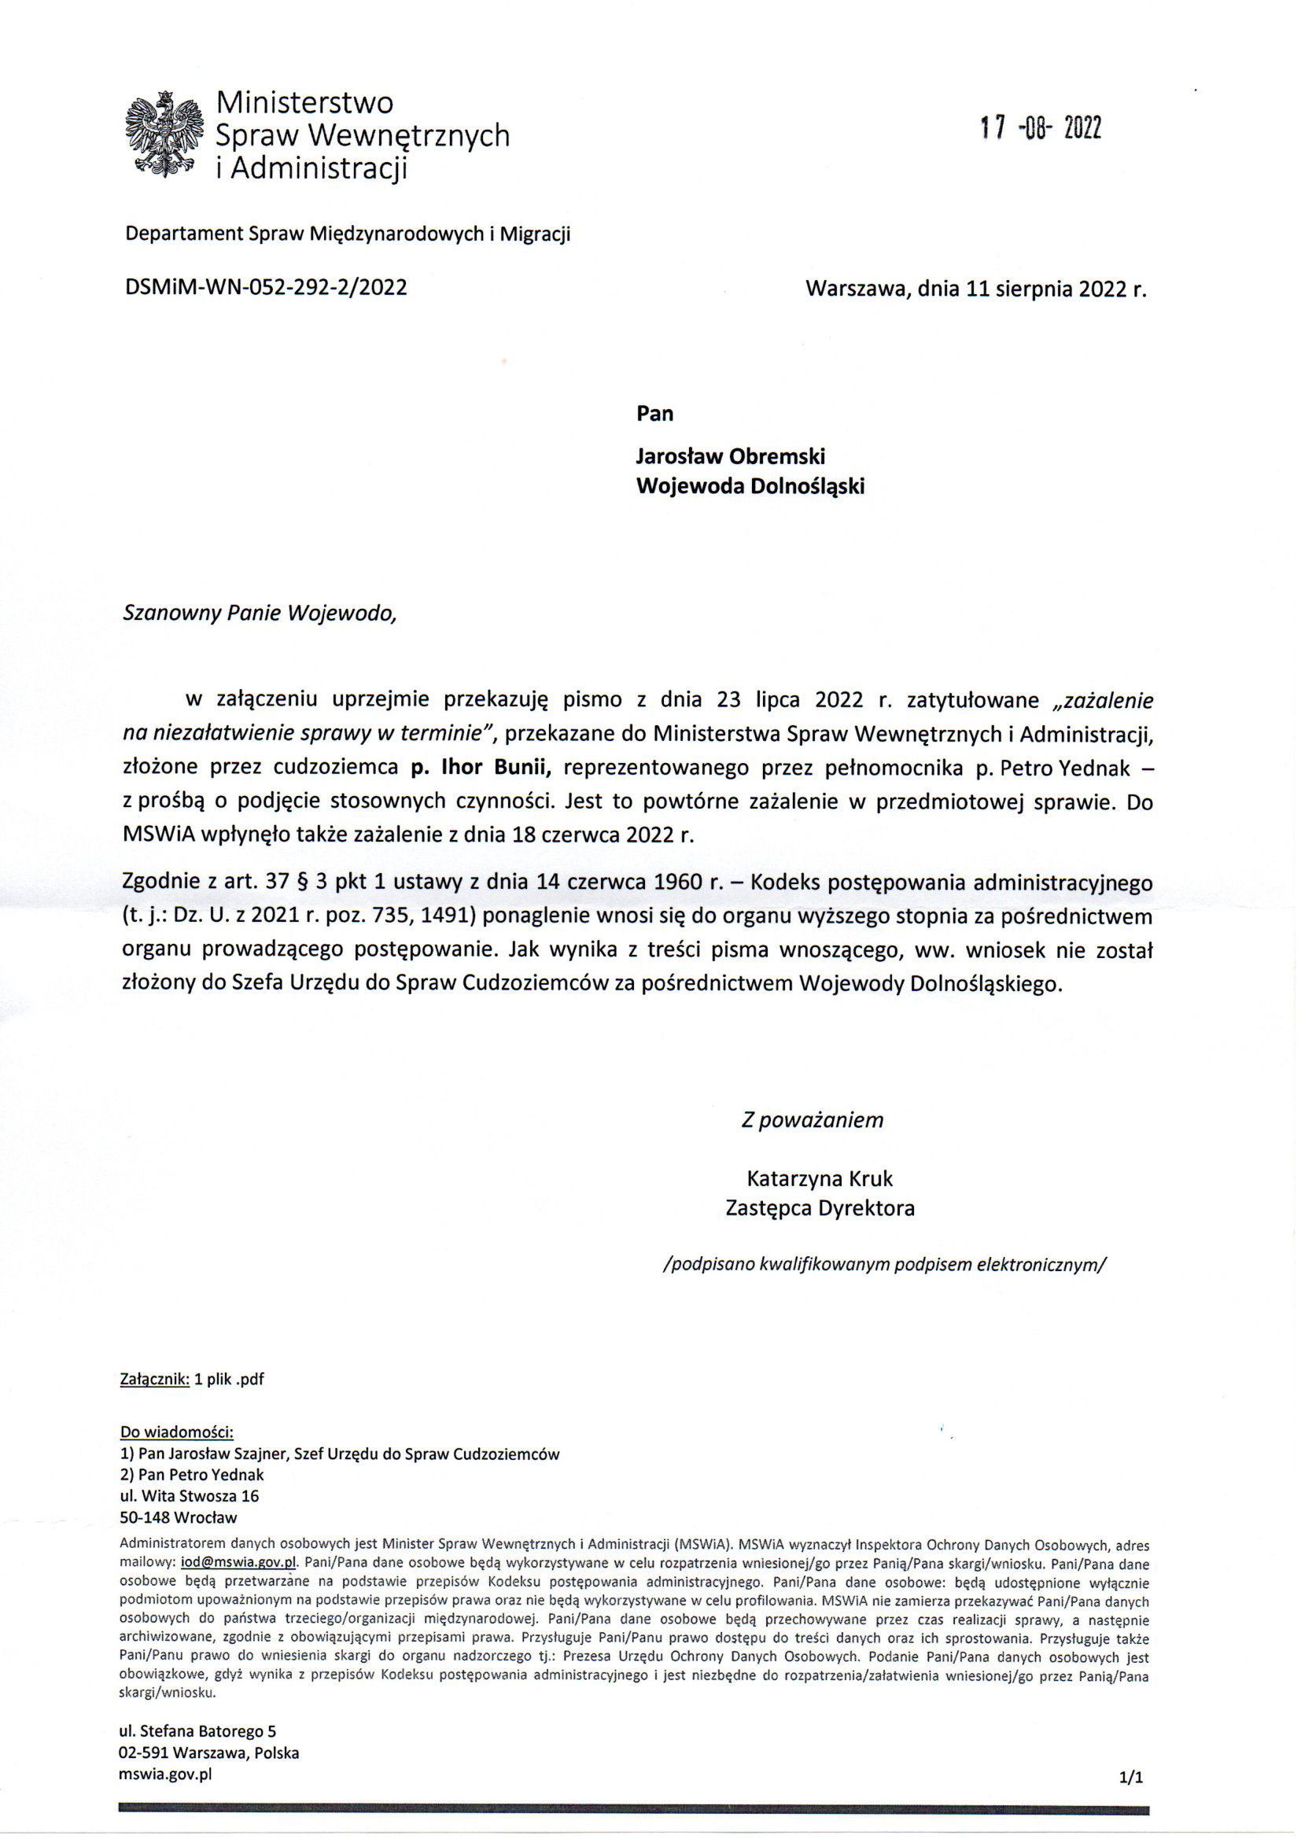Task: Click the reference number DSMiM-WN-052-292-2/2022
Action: coord(266,288)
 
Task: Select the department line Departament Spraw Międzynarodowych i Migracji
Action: coord(348,234)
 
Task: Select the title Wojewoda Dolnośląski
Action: coord(750,486)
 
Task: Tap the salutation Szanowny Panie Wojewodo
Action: coord(260,614)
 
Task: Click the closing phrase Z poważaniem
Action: coord(813,1120)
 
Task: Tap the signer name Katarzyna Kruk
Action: coord(820,1178)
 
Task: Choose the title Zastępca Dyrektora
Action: coord(820,1208)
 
